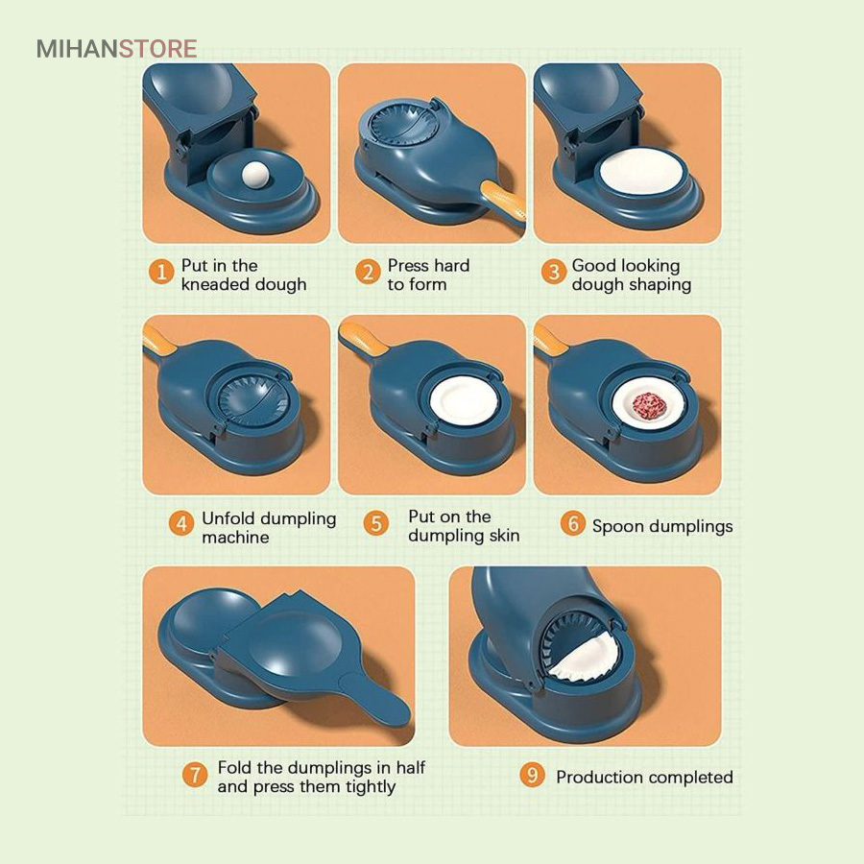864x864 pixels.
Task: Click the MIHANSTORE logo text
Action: [x=116, y=49]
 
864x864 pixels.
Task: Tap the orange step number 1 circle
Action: [x=161, y=273]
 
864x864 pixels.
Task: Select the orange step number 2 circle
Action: [x=368, y=273]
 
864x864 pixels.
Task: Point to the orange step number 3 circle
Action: [x=553, y=273]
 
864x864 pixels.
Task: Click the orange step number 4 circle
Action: [x=181, y=523]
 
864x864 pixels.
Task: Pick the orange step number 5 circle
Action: [x=375, y=523]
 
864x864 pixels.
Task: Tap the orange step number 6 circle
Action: [x=572, y=523]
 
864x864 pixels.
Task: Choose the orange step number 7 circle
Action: [x=195, y=775]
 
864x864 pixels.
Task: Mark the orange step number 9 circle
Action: [x=532, y=775]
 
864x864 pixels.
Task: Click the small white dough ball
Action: [x=255, y=176]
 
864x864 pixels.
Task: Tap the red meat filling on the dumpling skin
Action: [x=649, y=406]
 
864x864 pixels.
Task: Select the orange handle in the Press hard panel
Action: [x=503, y=202]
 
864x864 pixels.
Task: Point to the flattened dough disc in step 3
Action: [x=641, y=170]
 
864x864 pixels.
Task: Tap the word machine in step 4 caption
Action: [x=235, y=538]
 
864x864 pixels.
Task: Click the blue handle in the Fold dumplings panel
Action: [x=375, y=699]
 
